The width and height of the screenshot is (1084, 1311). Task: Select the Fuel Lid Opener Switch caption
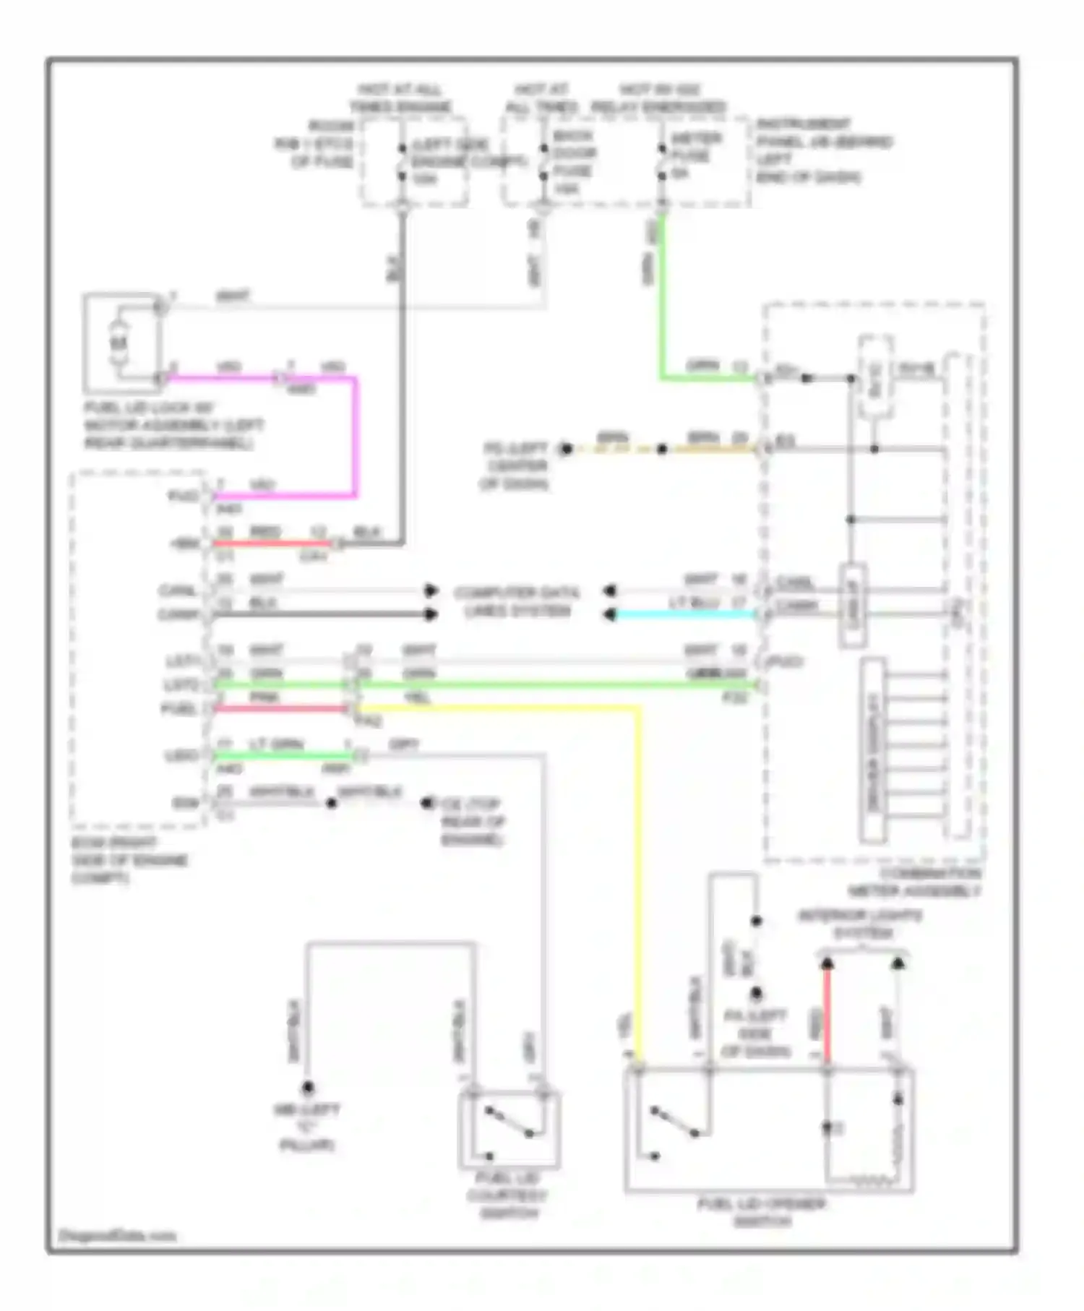point(762,1213)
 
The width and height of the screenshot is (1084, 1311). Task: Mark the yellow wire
point(639,867)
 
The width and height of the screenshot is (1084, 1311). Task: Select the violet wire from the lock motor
point(355,434)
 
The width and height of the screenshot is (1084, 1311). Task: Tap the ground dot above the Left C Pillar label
point(308,1088)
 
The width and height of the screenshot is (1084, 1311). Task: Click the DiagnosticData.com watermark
point(117,1235)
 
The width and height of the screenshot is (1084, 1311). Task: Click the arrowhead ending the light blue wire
point(610,615)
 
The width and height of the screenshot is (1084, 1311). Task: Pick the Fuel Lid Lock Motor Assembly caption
point(173,426)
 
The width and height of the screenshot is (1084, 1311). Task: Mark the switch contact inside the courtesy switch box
point(509,1122)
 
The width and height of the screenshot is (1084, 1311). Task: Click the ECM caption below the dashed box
point(130,860)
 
